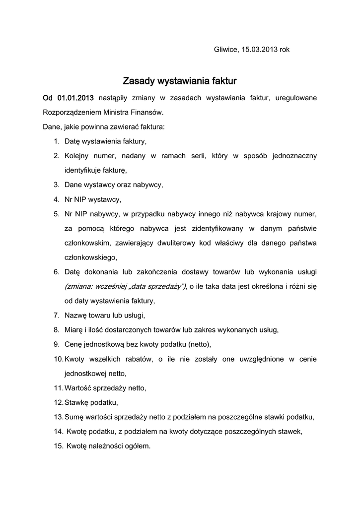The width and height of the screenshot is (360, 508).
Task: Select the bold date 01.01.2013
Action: [75, 98]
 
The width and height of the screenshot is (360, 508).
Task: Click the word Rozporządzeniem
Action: [72, 112]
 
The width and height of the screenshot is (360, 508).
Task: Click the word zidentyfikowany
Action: [215, 228]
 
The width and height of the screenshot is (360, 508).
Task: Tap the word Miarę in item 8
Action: [74, 329]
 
